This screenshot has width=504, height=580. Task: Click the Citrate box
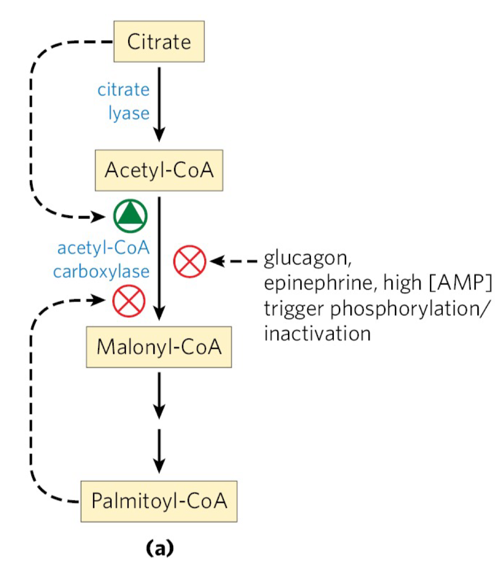point(159,41)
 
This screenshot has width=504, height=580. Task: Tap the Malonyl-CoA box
point(158,346)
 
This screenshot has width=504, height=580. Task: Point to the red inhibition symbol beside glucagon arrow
point(189,261)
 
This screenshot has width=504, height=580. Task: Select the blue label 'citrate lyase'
point(130,102)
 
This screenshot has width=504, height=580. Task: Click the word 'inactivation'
point(317,332)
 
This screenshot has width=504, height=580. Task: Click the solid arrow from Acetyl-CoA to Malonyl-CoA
point(159,257)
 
